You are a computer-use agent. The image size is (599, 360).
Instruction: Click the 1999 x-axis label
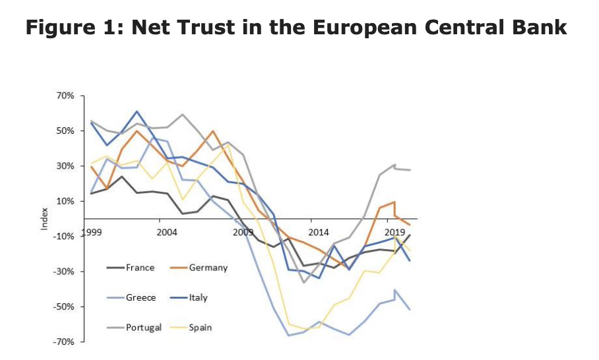click(91, 233)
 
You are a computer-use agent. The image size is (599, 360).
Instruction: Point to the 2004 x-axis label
click(166, 233)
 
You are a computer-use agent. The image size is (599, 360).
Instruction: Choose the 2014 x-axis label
click(318, 233)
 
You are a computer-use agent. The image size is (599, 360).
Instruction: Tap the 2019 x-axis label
click(394, 233)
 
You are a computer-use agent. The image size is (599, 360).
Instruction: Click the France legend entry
click(140, 268)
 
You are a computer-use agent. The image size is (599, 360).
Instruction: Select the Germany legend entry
click(208, 268)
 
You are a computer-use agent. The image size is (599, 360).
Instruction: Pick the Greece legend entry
click(141, 297)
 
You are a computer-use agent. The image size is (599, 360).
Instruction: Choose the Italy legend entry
click(198, 297)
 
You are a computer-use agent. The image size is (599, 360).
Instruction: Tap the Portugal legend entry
click(143, 327)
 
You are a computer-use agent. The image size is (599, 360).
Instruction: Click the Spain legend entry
click(201, 327)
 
